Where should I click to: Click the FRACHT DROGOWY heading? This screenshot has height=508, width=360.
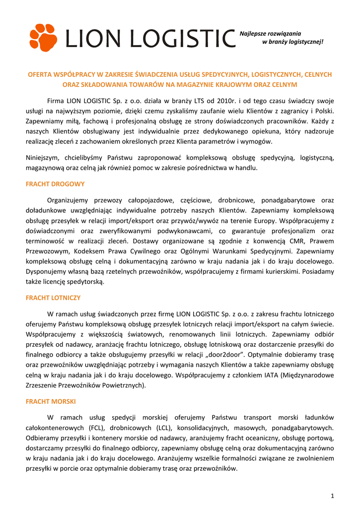pyautogui.click(x=55, y=184)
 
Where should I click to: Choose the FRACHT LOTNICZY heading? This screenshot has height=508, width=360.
pyautogui.click(x=53, y=298)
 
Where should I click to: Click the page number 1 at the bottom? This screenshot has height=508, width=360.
pyautogui.click(x=332, y=495)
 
